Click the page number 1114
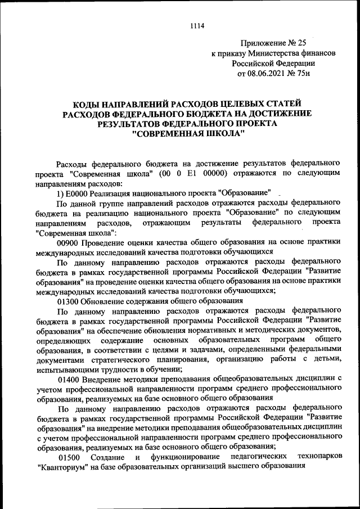[x=196, y=25]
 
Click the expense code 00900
[x=69, y=242]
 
